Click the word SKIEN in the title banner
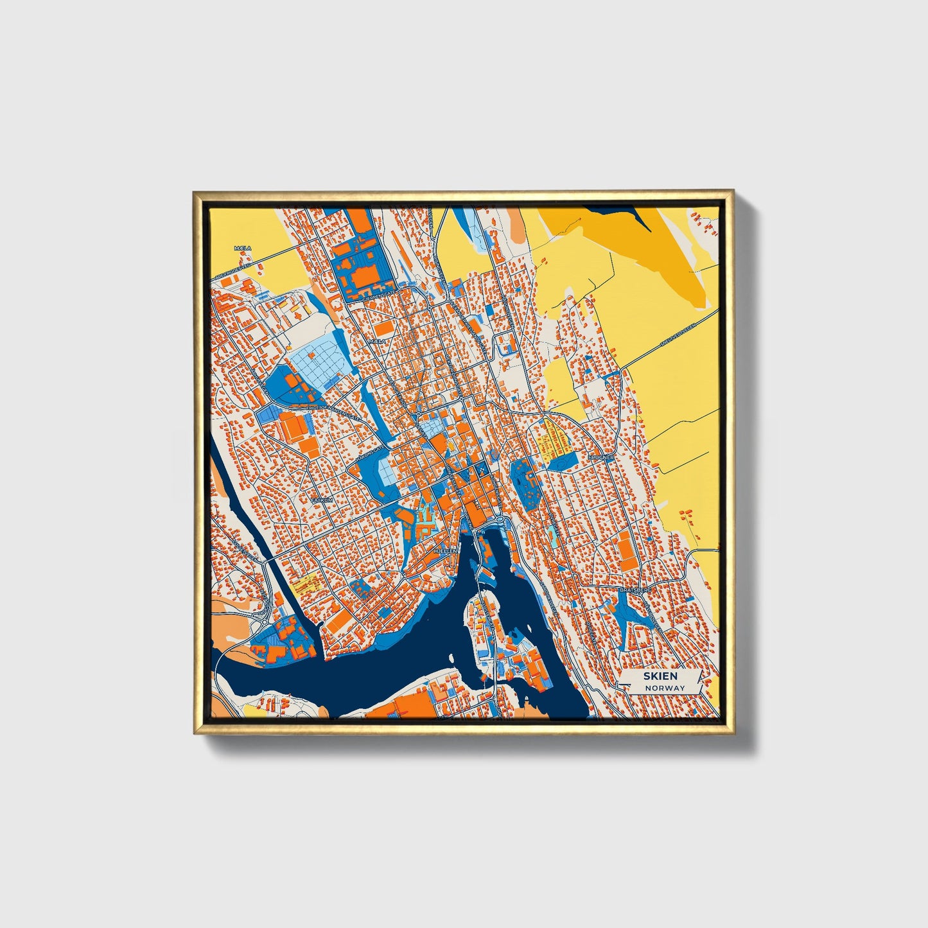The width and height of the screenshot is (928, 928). pos(660,676)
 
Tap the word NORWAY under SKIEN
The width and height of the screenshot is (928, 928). pos(665,688)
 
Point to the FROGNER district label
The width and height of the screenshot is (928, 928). pos(601,457)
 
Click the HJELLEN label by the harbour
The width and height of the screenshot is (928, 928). pos(445,551)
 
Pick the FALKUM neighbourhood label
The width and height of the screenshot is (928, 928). pos(319,499)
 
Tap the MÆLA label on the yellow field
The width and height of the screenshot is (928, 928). pos(243,248)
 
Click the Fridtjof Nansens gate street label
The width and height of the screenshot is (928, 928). pos(333,412)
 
